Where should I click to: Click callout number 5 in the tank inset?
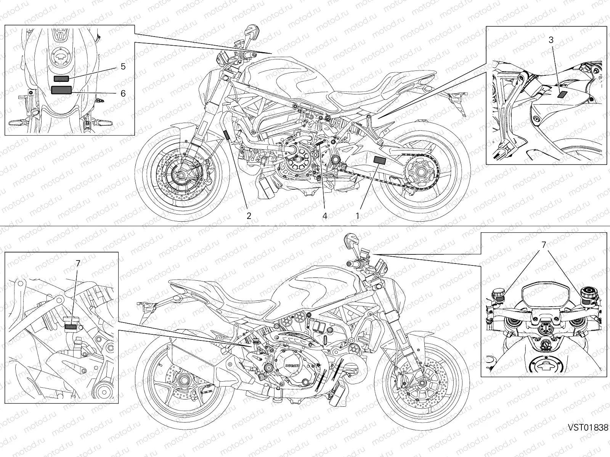tap(123, 66)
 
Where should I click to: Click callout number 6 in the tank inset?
tap(123, 93)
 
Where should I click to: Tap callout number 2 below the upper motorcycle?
tap(249, 216)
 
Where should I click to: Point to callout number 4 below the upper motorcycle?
tap(325, 216)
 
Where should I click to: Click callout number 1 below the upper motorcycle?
tap(358, 216)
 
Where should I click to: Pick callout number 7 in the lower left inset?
tap(78, 263)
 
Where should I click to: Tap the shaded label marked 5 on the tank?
tap(61, 79)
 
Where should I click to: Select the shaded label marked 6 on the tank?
tap(61, 90)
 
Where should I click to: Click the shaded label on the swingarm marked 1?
tap(380, 160)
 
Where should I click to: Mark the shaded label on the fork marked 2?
tap(226, 134)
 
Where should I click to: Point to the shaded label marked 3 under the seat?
tap(563, 94)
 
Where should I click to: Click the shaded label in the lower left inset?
tap(71, 326)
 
